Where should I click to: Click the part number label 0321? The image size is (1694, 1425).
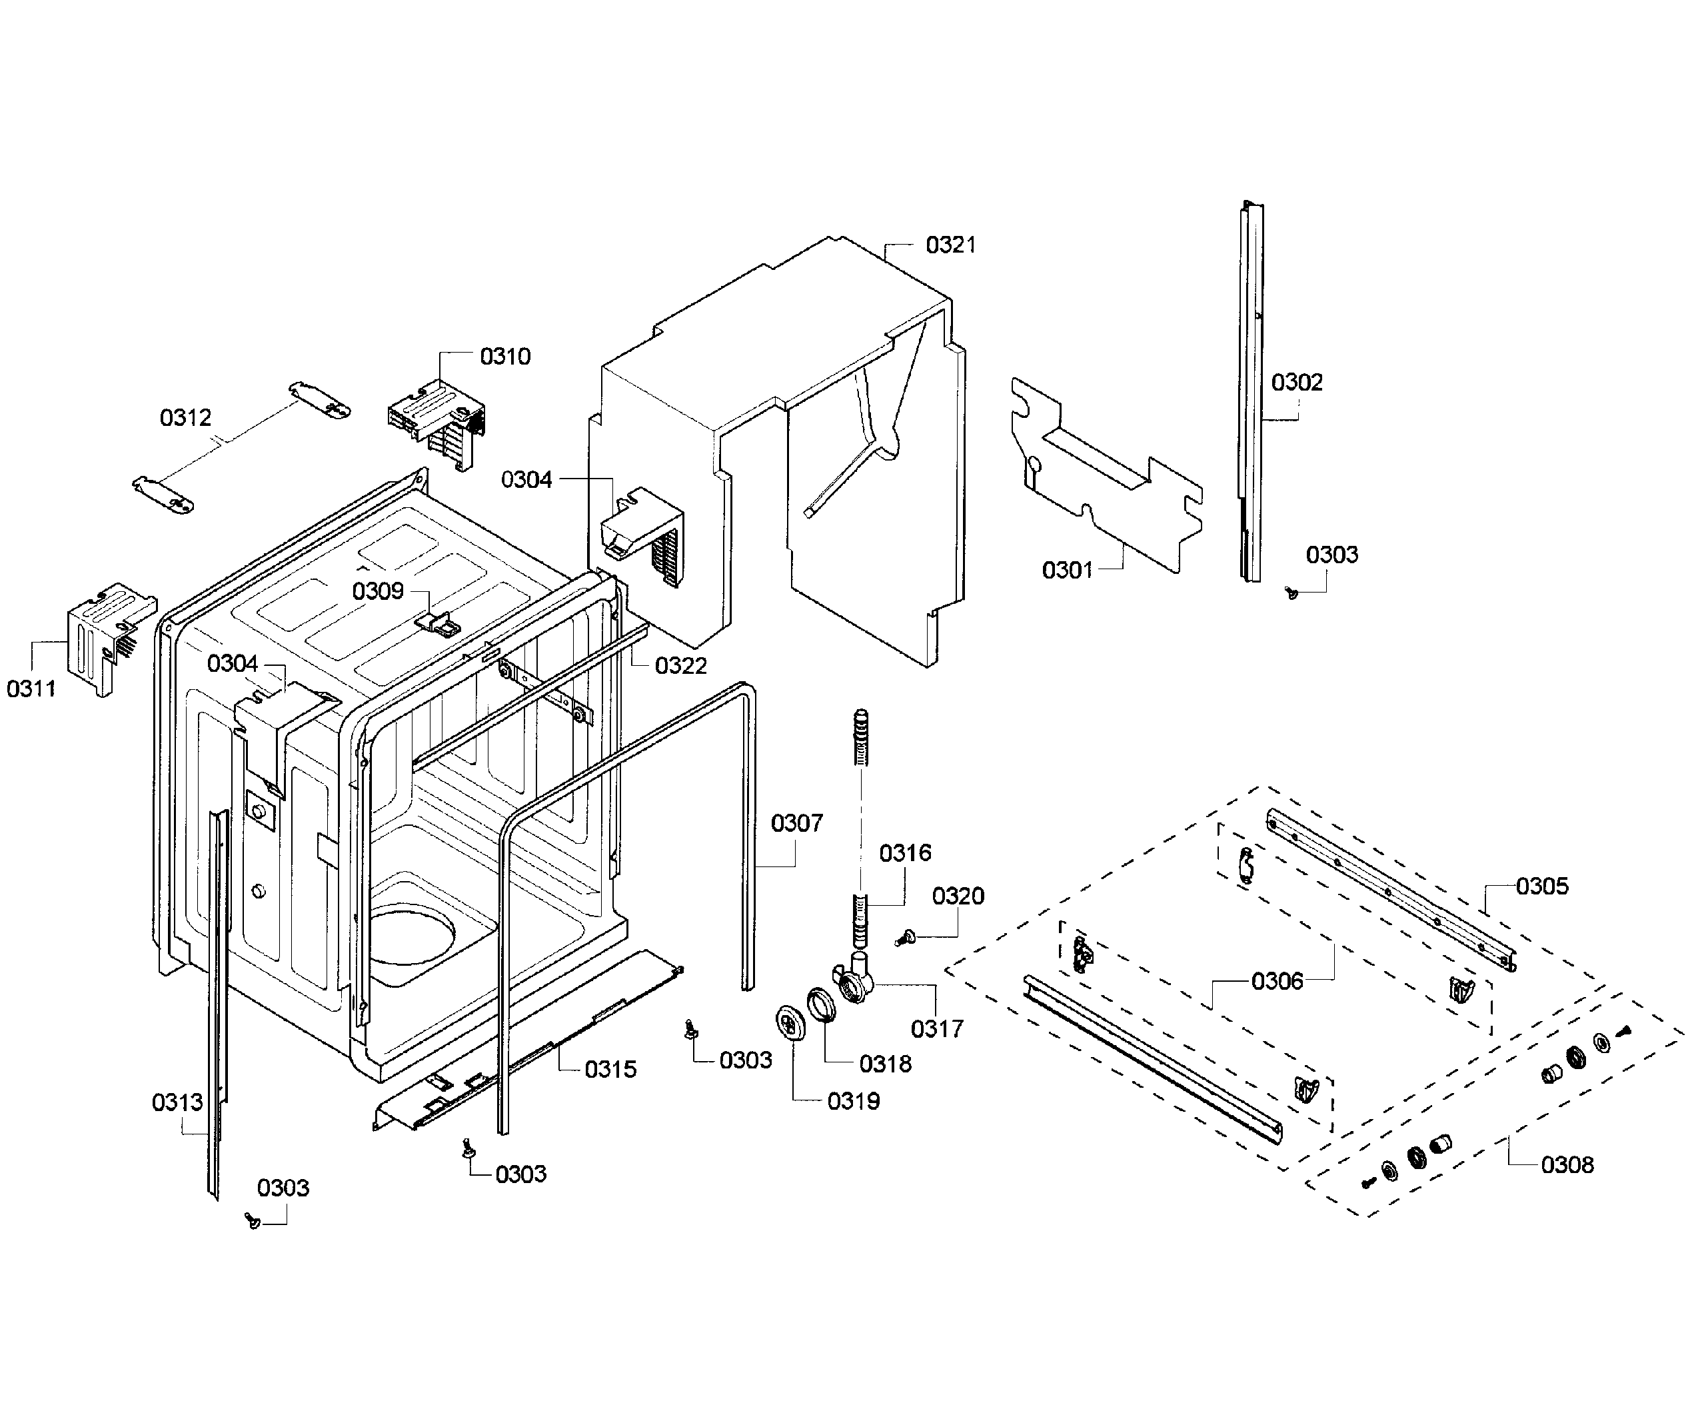coord(950,245)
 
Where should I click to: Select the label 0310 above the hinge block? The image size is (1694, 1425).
coord(505,356)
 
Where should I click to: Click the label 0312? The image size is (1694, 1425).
coord(185,418)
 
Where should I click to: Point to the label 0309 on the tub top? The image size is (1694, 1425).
coord(377,591)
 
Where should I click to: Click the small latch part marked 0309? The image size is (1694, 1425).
coord(437,622)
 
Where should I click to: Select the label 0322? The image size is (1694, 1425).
coord(680,666)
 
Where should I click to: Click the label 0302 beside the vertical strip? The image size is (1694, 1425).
coord(1297,382)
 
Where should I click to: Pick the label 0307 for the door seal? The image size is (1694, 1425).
coord(796,823)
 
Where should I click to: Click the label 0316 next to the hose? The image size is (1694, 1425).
coord(905,852)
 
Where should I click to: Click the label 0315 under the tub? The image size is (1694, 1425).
coord(610,1070)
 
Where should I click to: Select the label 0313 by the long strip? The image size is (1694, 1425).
coord(177,1102)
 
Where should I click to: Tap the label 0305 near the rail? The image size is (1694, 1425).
coord(1541,886)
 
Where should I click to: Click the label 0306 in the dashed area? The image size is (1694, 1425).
coord(1277,982)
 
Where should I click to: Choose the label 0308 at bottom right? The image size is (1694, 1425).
coord(1567,1165)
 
